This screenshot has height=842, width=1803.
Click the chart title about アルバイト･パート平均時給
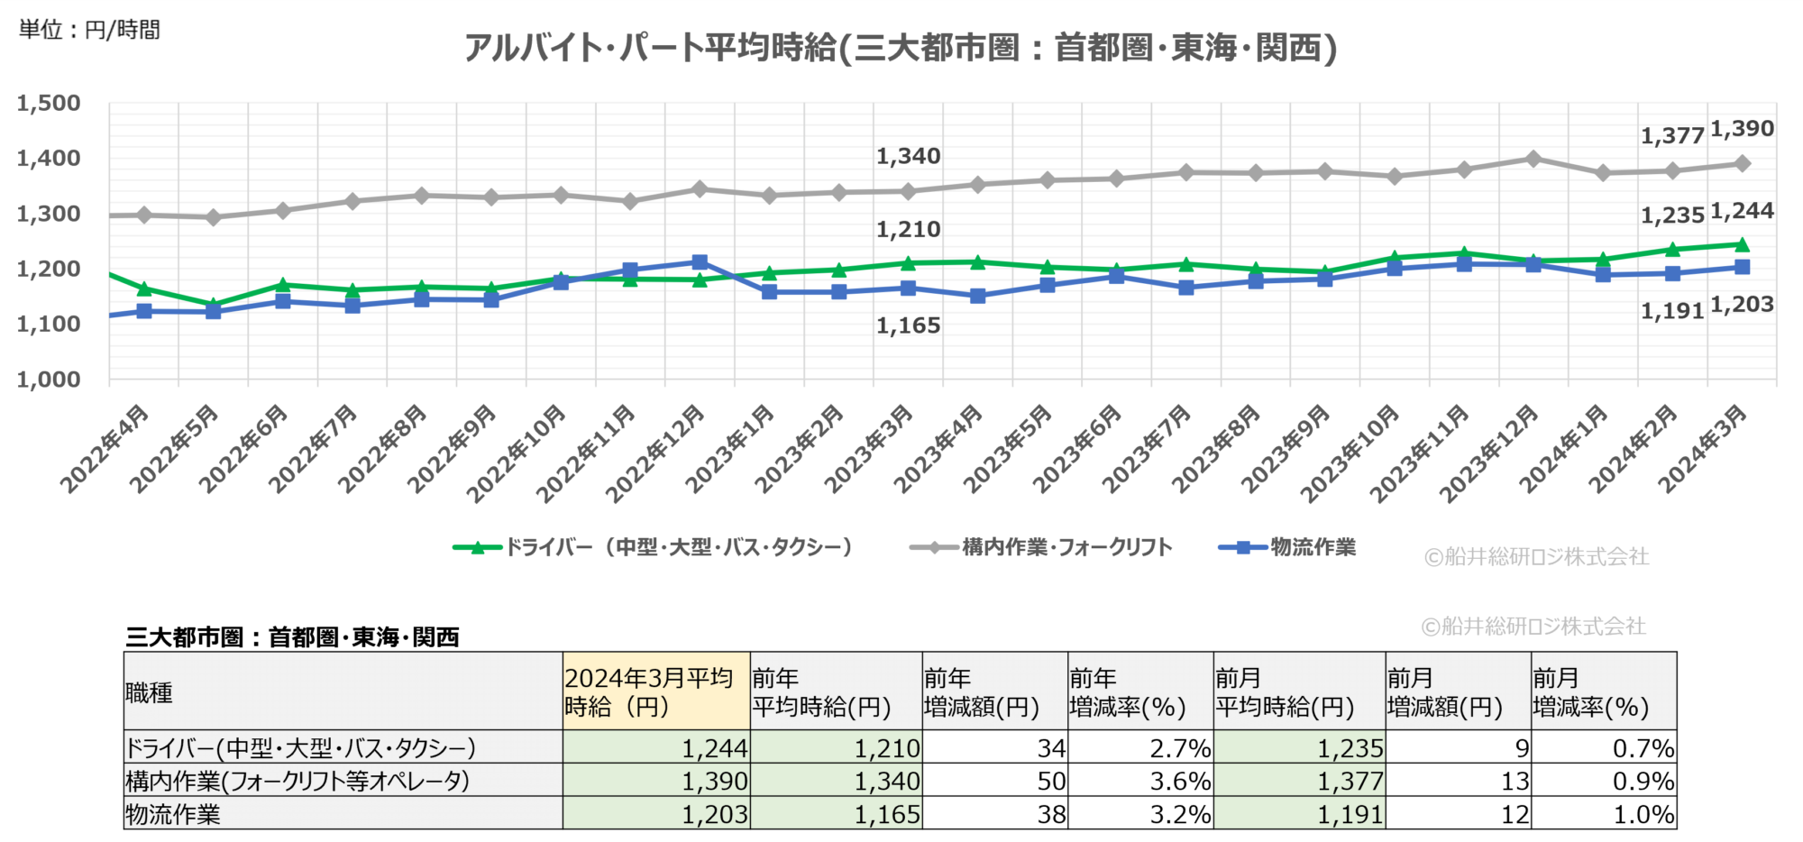pyautogui.click(x=900, y=47)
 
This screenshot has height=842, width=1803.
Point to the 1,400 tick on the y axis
pyautogui.click(x=49, y=159)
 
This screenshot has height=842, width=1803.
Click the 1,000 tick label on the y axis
pyautogui.click(x=49, y=380)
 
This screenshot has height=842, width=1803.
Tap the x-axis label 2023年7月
pyautogui.click(x=1148, y=449)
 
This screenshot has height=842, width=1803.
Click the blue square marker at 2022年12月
pyautogui.click(x=700, y=262)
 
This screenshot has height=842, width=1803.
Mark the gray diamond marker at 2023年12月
pyautogui.click(x=1533, y=159)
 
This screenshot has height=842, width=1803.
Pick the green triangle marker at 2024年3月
pyautogui.click(x=1742, y=244)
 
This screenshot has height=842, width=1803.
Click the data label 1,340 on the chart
pyautogui.click(x=908, y=157)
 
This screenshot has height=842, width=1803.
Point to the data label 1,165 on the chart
pyautogui.click(x=908, y=326)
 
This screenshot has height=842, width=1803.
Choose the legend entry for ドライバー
pyautogui.click(x=654, y=547)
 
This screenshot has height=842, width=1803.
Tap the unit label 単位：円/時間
pyautogui.click(x=89, y=30)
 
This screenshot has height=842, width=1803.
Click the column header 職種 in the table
pyautogui.click(x=150, y=692)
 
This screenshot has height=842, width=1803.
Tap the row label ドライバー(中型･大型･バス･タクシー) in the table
pyautogui.click(x=300, y=748)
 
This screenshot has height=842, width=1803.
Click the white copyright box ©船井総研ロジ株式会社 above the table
pyautogui.click(x=1535, y=626)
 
